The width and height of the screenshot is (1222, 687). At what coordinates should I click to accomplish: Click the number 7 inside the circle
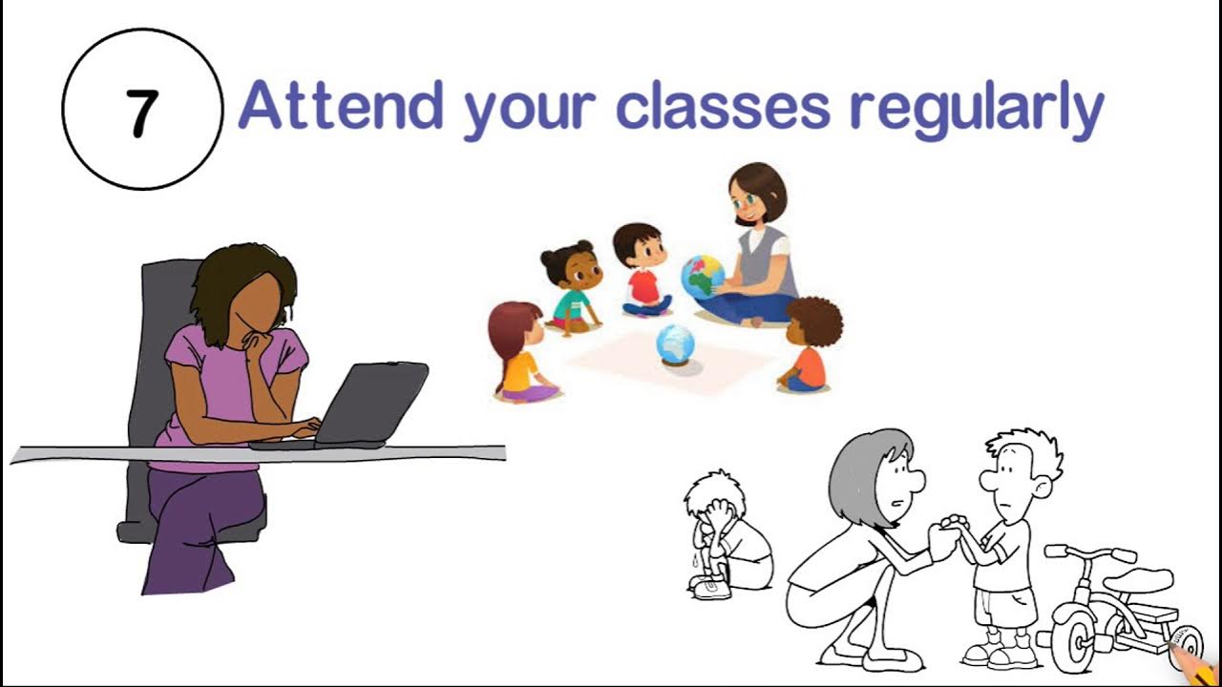pos(140,113)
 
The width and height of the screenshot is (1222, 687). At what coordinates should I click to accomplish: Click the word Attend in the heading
pos(340,107)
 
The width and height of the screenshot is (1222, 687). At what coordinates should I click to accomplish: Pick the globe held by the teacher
pos(703,277)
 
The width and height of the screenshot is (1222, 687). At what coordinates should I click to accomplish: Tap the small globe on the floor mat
pos(676,343)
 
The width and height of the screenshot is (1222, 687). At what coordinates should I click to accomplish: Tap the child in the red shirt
pos(643,271)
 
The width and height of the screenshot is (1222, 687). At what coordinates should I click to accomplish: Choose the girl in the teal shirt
pos(572,287)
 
